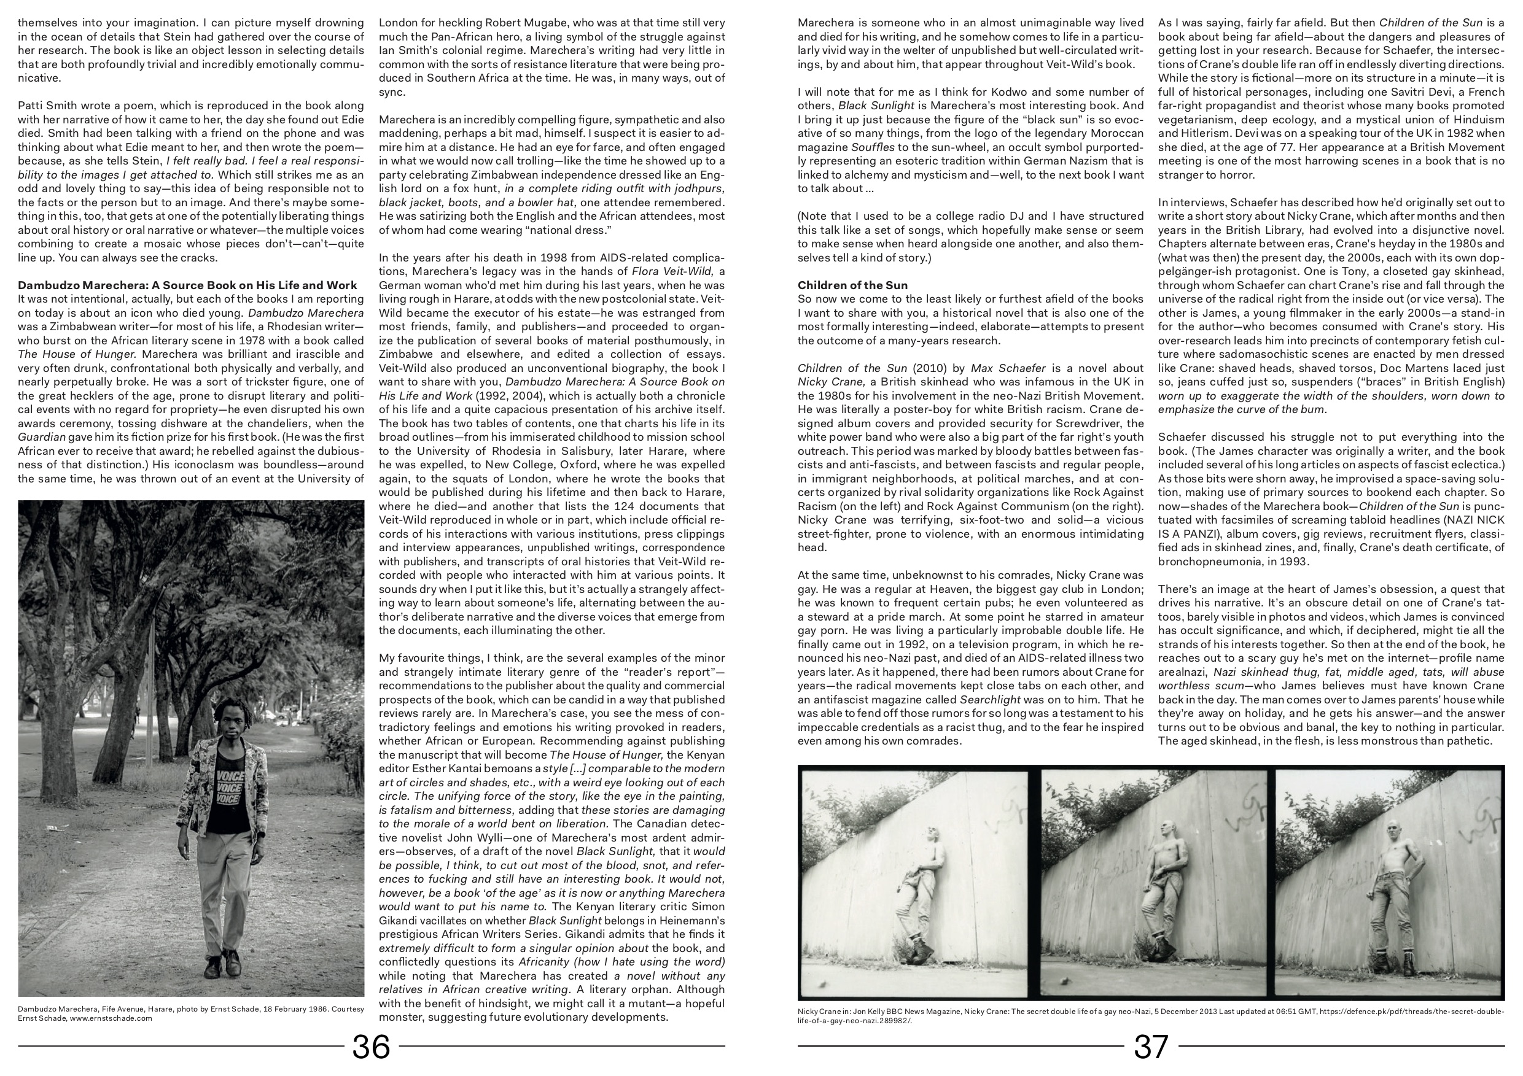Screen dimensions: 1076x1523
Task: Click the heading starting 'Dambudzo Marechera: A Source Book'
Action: click(x=188, y=285)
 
